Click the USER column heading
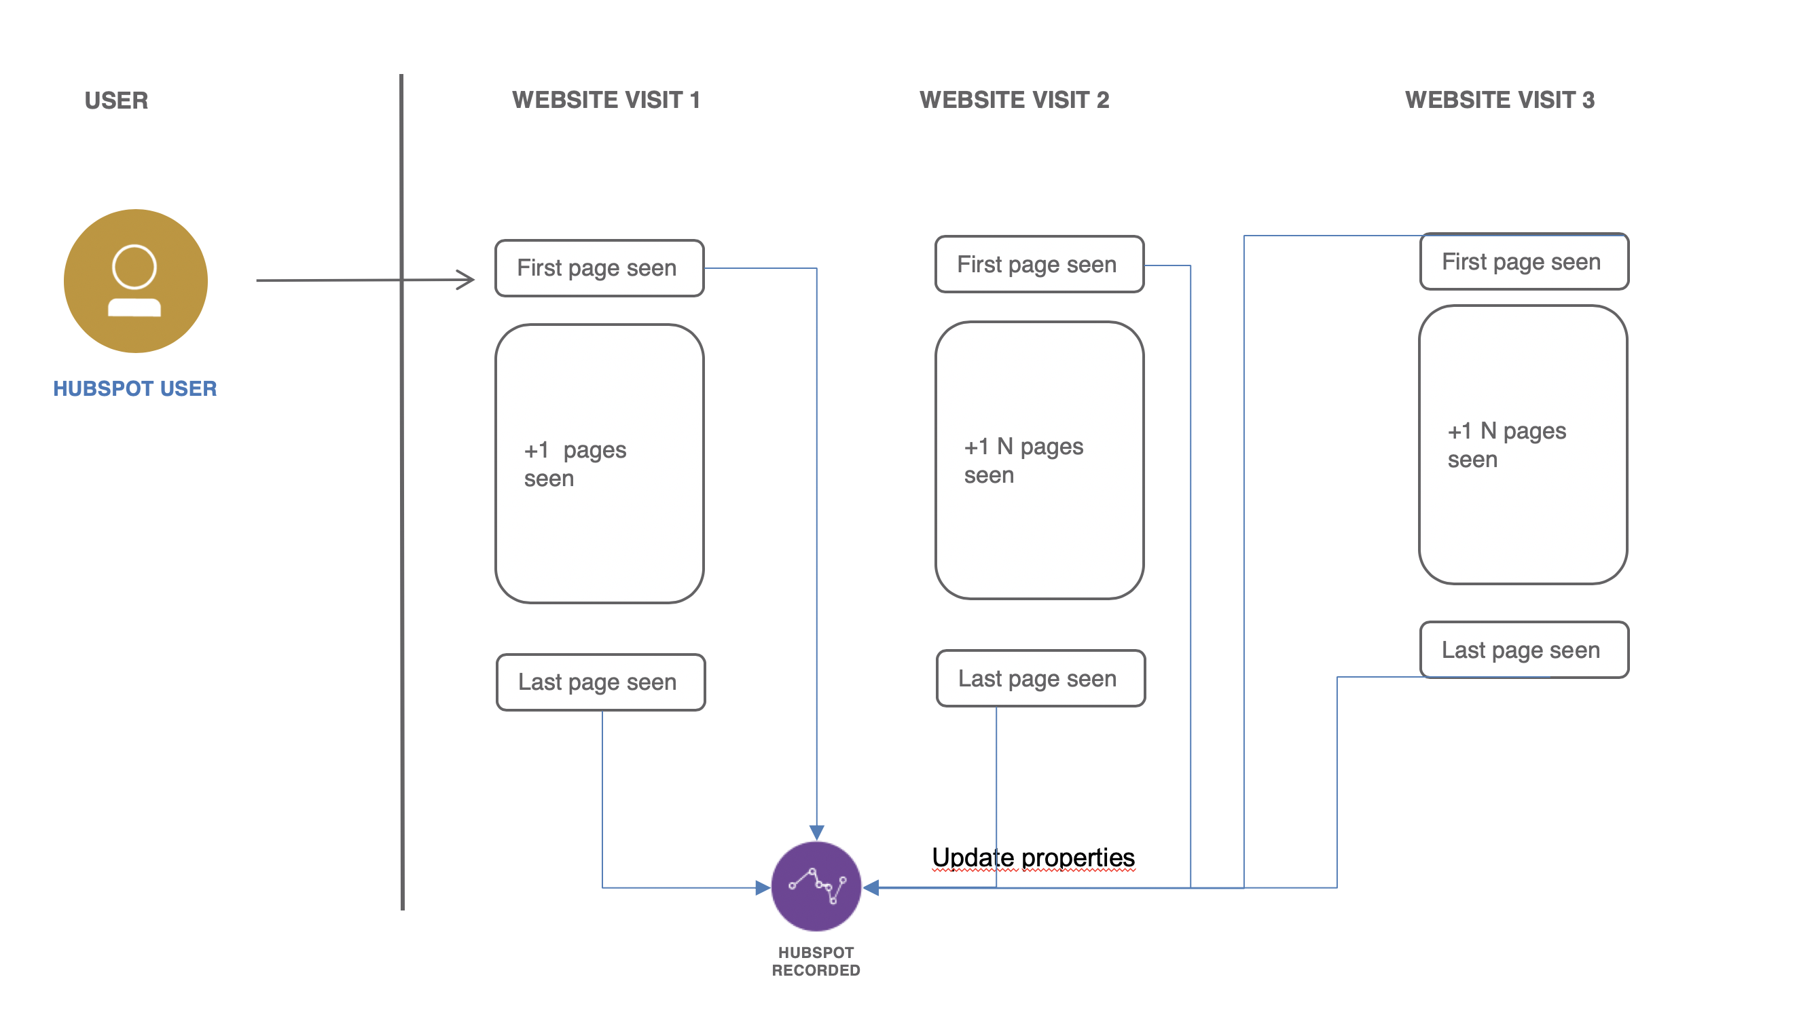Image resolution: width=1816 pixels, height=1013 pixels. pyautogui.click(x=116, y=100)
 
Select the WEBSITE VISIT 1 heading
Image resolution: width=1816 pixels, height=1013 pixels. pyautogui.click(x=606, y=100)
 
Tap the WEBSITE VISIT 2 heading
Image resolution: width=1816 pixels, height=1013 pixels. pyautogui.click(x=1014, y=100)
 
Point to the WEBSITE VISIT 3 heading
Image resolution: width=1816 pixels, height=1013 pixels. pyautogui.click(x=1500, y=100)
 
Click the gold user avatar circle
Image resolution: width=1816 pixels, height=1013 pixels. pyautogui.click(x=135, y=280)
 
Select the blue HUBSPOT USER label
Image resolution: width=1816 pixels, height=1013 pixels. pyautogui.click(x=134, y=388)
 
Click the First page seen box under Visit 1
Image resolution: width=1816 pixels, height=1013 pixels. pyautogui.click(x=599, y=268)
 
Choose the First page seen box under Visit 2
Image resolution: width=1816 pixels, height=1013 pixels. pyautogui.click(x=1039, y=264)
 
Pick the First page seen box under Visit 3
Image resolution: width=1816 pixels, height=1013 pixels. pyautogui.click(x=1523, y=261)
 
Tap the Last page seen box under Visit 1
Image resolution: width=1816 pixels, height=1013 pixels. pyautogui.click(x=600, y=682)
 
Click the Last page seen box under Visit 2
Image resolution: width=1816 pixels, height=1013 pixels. pyautogui.click(x=1040, y=678)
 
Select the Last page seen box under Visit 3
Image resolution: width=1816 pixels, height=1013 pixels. pyautogui.click(x=1523, y=649)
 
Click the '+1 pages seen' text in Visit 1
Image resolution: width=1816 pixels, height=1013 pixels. pyautogui.click(x=575, y=464)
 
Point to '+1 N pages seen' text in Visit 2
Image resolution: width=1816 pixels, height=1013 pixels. pyautogui.click(x=1023, y=460)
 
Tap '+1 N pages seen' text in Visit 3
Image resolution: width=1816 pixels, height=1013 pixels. pyautogui.click(x=1506, y=444)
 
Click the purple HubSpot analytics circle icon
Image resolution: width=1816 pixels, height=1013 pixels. pyautogui.click(x=816, y=885)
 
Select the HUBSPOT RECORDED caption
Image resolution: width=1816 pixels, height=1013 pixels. pyautogui.click(x=816, y=961)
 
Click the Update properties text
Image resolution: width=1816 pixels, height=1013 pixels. pyautogui.click(x=1033, y=858)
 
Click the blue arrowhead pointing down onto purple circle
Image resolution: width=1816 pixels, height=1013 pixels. pyautogui.click(x=816, y=832)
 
